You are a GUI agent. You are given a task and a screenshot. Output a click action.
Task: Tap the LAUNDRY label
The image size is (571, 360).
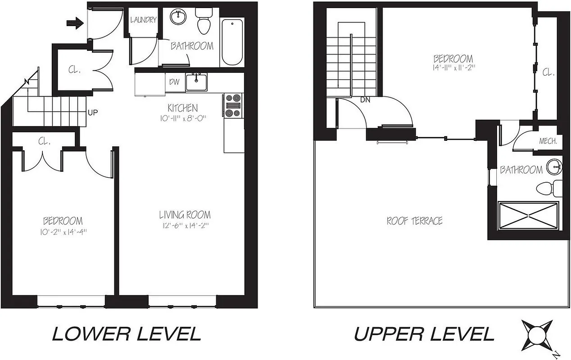[143, 20]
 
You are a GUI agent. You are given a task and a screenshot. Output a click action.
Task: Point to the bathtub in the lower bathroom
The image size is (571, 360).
[232, 42]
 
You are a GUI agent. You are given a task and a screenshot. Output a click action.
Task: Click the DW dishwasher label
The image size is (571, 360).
[174, 82]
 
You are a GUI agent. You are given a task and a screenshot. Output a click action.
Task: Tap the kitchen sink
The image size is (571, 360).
[196, 82]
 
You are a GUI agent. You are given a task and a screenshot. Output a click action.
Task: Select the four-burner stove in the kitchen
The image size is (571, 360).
[234, 105]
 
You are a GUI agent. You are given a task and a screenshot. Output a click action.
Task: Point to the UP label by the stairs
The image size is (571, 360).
[92, 112]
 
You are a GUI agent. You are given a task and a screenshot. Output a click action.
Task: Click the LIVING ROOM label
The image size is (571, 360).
[185, 215]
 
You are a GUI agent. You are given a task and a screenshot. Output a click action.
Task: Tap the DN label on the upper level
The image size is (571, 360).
[365, 100]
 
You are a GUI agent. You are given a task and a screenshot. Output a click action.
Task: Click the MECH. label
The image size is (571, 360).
[548, 141]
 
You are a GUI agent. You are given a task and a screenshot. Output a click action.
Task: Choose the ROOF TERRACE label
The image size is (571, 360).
[414, 221]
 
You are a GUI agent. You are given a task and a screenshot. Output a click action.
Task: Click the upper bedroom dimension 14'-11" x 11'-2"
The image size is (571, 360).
[453, 67]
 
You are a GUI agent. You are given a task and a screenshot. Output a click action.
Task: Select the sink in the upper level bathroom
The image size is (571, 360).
[554, 167]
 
